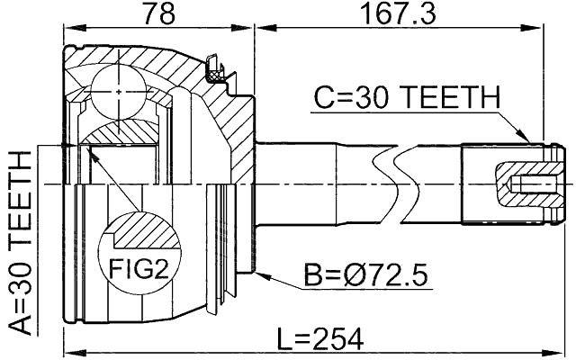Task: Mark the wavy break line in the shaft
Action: coord(396,181)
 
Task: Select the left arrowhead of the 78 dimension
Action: coord(68,28)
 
